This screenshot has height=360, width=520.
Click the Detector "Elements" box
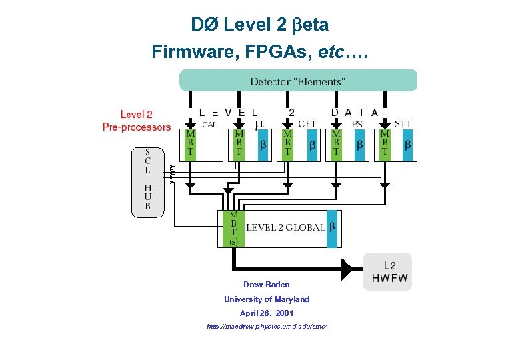coord(298,81)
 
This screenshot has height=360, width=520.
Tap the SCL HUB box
coord(147,179)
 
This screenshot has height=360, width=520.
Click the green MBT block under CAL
coord(191,145)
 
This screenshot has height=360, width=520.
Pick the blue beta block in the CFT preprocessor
coord(311,145)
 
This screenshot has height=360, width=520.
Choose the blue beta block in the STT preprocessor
coord(409,145)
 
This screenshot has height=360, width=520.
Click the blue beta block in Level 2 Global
coord(333,228)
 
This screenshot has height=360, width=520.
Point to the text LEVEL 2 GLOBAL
coord(285,228)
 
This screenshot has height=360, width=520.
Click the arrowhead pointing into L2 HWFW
coord(347,269)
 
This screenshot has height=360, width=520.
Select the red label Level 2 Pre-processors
coord(137,121)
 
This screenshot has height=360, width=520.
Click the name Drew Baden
coord(266,285)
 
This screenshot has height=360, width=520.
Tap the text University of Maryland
coord(267,299)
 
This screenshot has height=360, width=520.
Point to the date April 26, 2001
coord(267,313)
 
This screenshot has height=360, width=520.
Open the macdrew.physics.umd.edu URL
coord(267,327)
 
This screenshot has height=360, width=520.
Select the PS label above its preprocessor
coord(357,123)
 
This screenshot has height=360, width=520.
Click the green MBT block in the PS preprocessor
coord(336,145)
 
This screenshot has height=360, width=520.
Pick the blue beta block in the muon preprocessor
coord(263,145)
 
